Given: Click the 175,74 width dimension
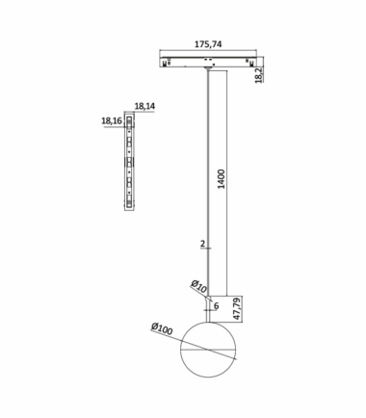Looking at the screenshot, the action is pyautogui.click(x=208, y=44).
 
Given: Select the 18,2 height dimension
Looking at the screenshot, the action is pyautogui.click(x=259, y=75).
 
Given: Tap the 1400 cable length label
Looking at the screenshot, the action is pyautogui.click(x=222, y=179).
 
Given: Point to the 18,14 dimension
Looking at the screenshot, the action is pyautogui.click(x=144, y=106).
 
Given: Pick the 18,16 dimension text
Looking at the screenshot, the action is pyautogui.click(x=112, y=120).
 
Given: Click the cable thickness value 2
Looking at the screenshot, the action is pyautogui.click(x=202, y=244).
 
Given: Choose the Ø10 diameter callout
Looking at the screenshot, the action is pyautogui.click(x=199, y=286).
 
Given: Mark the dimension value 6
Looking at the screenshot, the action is pyautogui.click(x=216, y=306).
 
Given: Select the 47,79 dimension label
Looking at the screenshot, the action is pyautogui.click(x=237, y=309).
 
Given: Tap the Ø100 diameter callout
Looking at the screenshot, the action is pyautogui.click(x=162, y=328).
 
